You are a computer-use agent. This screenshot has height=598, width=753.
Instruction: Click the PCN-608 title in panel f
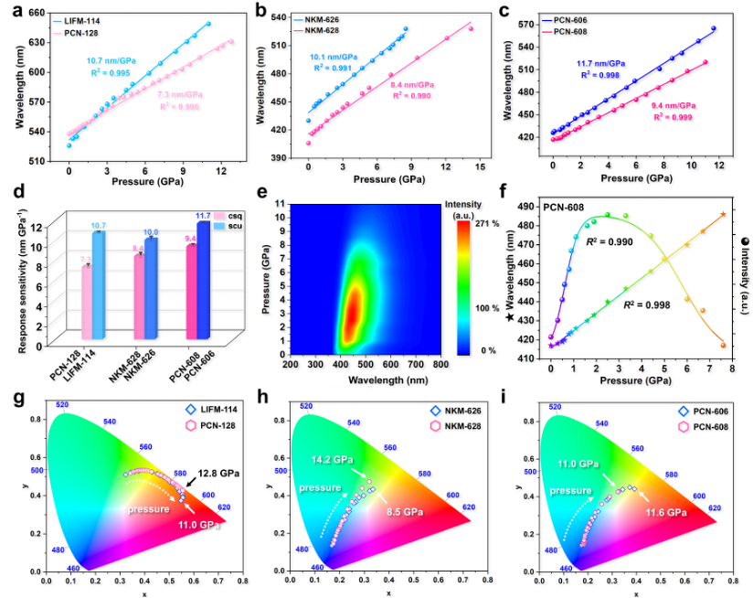click(566, 207)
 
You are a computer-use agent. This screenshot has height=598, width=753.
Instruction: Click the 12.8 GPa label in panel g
click(217, 474)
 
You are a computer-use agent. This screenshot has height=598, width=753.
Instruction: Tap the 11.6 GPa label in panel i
click(678, 514)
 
